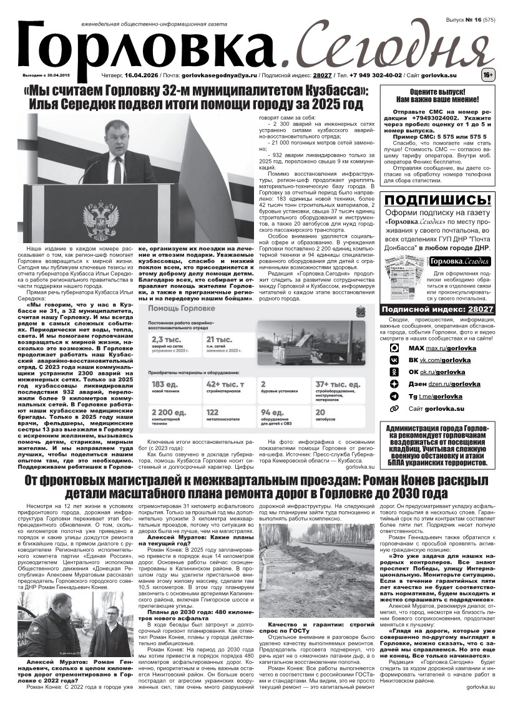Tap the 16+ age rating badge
[x=487, y=75]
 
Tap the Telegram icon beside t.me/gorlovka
[x=394, y=396]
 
